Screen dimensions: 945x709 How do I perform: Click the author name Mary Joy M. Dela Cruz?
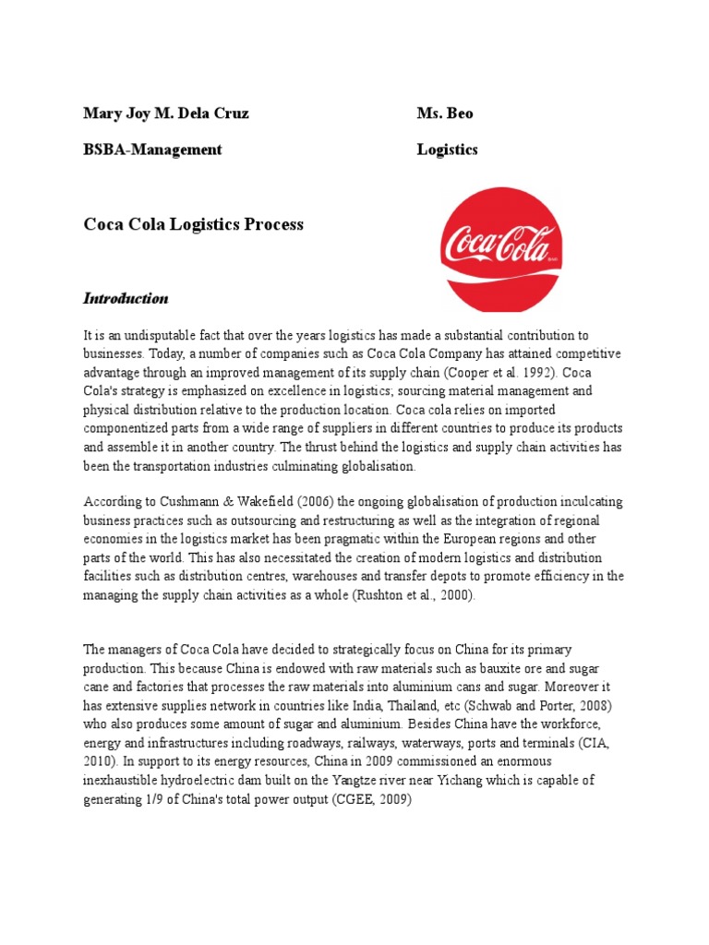pyautogui.click(x=166, y=114)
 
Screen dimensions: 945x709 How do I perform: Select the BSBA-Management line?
pyautogui.click(x=153, y=150)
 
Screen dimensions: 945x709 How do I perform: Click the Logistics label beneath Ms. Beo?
pyautogui.click(x=447, y=150)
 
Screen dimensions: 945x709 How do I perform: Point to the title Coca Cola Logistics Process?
pyautogui.click(x=193, y=224)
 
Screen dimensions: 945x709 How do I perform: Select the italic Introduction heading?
pyautogui.click(x=126, y=298)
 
